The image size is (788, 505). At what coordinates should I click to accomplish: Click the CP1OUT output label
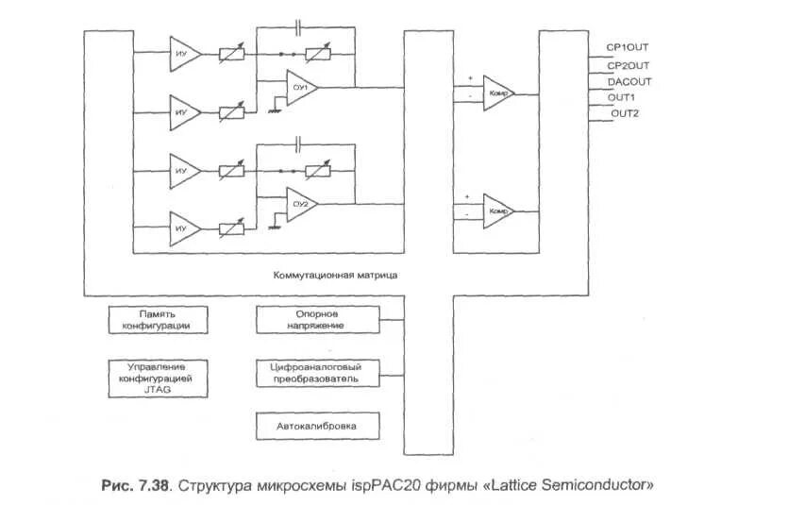tap(628, 47)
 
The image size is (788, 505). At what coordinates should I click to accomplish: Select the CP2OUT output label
tap(628, 64)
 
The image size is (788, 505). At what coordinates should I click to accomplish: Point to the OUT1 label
tap(622, 97)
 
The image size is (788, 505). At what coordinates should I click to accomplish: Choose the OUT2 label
tap(624, 114)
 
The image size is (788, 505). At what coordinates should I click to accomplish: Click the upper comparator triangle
tap(498, 93)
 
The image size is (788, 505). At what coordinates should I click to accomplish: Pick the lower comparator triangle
tap(498, 211)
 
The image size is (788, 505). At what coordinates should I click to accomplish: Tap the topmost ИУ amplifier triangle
tap(183, 53)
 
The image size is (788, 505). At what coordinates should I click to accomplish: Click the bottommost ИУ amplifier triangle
tap(183, 228)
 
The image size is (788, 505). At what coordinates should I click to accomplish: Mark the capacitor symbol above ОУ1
tap(299, 25)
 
